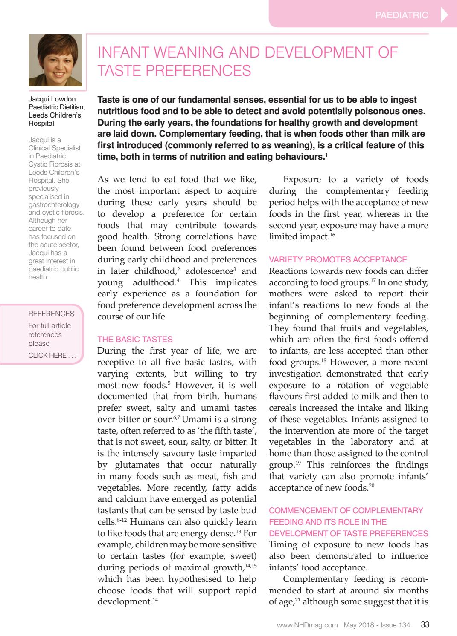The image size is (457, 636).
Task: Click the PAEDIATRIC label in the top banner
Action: coord(401,15)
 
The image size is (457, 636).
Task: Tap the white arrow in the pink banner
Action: coord(444,15)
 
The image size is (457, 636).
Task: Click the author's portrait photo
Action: coord(55,60)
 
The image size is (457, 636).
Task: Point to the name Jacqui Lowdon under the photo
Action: coord(52,99)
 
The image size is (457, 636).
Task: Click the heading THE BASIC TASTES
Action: coord(135,339)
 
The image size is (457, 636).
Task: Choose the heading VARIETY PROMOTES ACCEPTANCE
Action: coord(338,259)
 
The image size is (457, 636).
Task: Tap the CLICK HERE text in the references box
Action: coord(47,355)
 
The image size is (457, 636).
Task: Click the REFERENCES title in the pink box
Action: coord(51,314)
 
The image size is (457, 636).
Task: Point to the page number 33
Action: coord(425,625)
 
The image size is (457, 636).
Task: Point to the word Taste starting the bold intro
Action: coord(109,100)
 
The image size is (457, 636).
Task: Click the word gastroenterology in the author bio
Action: coord(54,204)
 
